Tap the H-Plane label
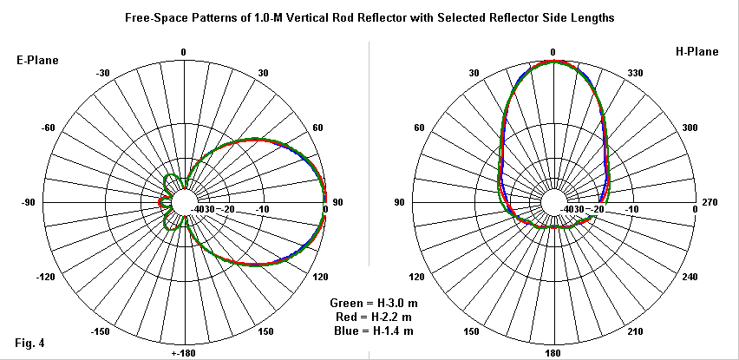point(697,52)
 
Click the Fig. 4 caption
point(30,344)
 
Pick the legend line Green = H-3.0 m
point(371,303)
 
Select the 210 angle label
point(637,331)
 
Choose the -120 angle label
point(47,278)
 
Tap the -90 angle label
point(28,202)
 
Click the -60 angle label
point(49,128)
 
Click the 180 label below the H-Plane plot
point(553,353)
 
